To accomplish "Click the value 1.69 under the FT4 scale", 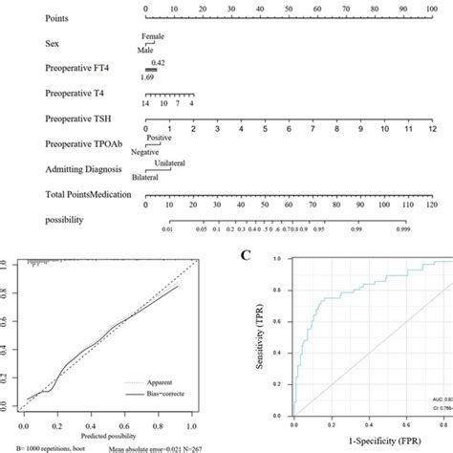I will (148, 77).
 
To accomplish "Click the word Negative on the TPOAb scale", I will (145, 153).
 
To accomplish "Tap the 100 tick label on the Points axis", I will (434, 8).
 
